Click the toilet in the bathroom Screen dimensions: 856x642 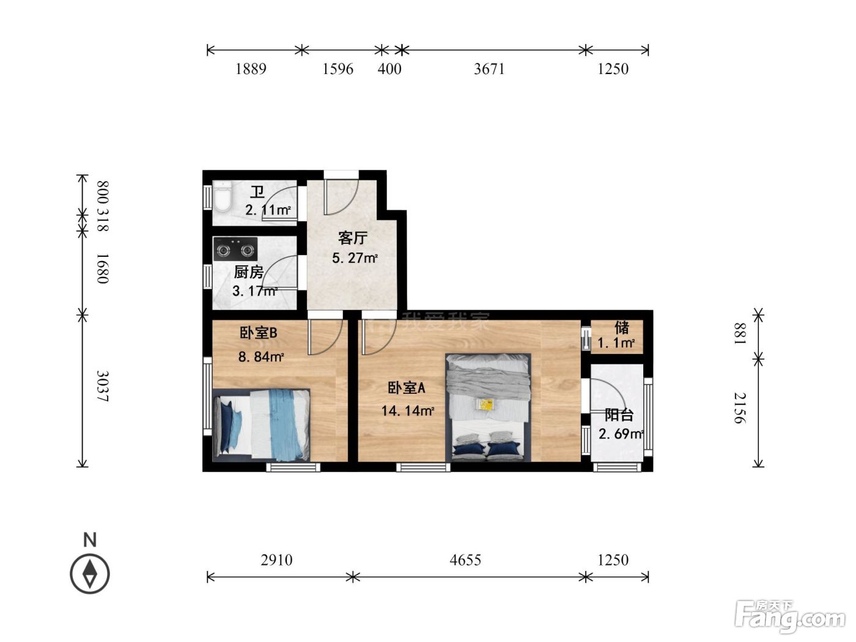click(223, 196)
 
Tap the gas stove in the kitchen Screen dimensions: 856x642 click(235, 249)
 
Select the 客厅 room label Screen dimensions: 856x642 click(353, 238)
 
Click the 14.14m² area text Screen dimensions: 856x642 click(408, 411)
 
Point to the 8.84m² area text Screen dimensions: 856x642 click(261, 356)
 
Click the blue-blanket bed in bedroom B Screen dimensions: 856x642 click(261, 425)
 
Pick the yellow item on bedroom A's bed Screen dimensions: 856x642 click(487, 404)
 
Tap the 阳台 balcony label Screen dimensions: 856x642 click(619, 415)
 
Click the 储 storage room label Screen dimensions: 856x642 click(622, 328)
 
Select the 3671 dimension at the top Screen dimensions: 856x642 click(489, 69)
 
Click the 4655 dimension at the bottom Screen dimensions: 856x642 click(465, 559)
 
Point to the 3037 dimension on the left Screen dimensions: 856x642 click(103, 386)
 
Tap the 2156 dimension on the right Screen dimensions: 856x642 click(740, 408)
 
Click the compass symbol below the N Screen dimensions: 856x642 click(90, 574)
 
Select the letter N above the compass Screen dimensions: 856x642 click(90, 539)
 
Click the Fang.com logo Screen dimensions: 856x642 click(790, 617)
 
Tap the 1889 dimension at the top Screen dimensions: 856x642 click(251, 69)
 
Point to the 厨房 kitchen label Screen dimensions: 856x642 click(249, 271)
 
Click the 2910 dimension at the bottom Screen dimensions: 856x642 click(276, 559)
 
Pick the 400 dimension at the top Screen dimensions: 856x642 click(389, 69)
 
